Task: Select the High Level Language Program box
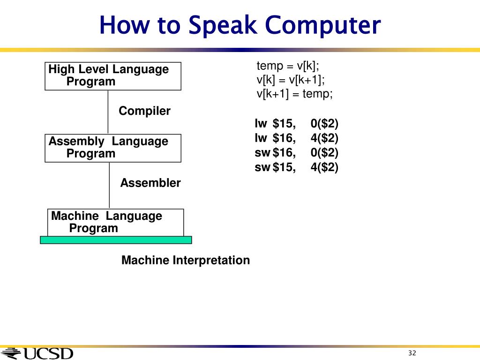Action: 112,75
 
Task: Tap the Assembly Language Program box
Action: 112,148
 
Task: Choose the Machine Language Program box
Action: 115,222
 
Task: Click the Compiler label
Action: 144,111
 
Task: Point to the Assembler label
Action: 150,183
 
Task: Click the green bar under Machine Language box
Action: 116,240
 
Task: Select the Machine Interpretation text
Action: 185,260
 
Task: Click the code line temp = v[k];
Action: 287,66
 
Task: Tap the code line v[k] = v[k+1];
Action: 290,79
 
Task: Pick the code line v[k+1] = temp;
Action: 294,93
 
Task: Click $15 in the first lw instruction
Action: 284,124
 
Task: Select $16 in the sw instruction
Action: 284,152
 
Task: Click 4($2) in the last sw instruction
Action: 324,167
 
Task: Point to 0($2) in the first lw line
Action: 324,124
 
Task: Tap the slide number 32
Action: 412,353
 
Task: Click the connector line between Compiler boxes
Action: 108,112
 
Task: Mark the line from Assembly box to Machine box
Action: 109,185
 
